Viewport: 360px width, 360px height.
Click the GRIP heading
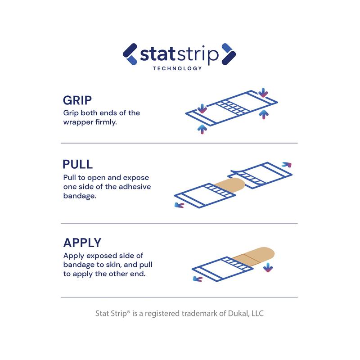tap(77, 100)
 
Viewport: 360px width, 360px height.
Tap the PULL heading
tap(77, 164)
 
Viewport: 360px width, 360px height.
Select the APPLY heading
tap(82, 243)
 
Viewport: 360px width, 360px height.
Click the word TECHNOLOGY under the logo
tap(177, 68)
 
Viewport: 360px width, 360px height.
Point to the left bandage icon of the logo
tap(130, 54)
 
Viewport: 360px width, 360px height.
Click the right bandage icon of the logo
tap(229, 54)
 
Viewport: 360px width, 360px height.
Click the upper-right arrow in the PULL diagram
tap(287, 165)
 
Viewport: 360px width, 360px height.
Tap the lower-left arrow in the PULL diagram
tap(179, 205)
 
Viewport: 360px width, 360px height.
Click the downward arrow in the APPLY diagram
tap(268, 267)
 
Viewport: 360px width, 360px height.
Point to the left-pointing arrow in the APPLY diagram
tap(198, 279)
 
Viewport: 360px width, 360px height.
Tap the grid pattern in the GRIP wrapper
tap(233, 107)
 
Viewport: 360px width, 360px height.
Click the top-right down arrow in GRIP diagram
tap(263, 93)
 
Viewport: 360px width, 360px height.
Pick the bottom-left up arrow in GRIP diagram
tap(202, 129)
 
